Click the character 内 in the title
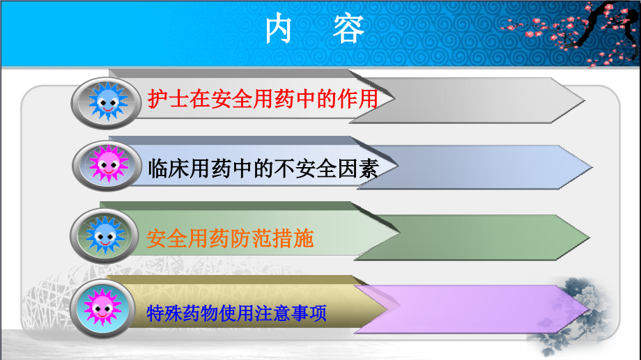(x=280, y=30)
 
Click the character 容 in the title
(x=348, y=30)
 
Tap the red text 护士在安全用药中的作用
(x=263, y=100)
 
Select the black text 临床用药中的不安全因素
(x=263, y=168)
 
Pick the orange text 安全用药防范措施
(x=231, y=239)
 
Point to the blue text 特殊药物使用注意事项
(x=237, y=313)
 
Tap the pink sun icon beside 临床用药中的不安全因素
(x=106, y=165)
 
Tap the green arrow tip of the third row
(x=571, y=237)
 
